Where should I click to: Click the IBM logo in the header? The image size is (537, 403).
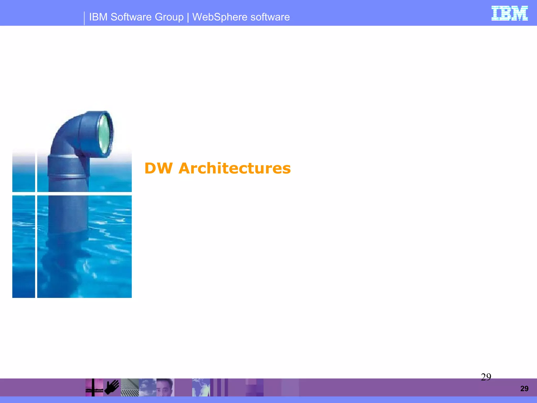(509, 13)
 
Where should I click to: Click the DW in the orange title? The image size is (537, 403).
(158, 168)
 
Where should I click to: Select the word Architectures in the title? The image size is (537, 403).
(234, 168)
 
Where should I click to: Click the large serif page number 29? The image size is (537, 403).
(486, 377)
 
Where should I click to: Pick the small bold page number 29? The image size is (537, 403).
(524, 389)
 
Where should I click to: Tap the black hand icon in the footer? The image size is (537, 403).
(112, 387)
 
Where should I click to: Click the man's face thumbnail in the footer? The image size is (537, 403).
(165, 388)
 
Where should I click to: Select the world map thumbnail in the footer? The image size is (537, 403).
(201, 388)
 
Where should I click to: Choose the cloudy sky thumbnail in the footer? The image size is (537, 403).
(147, 388)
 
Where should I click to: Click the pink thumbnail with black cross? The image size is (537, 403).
(94, 388)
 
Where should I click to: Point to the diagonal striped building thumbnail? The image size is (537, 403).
(130, 388)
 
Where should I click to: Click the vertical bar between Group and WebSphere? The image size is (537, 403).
(188, 17)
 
